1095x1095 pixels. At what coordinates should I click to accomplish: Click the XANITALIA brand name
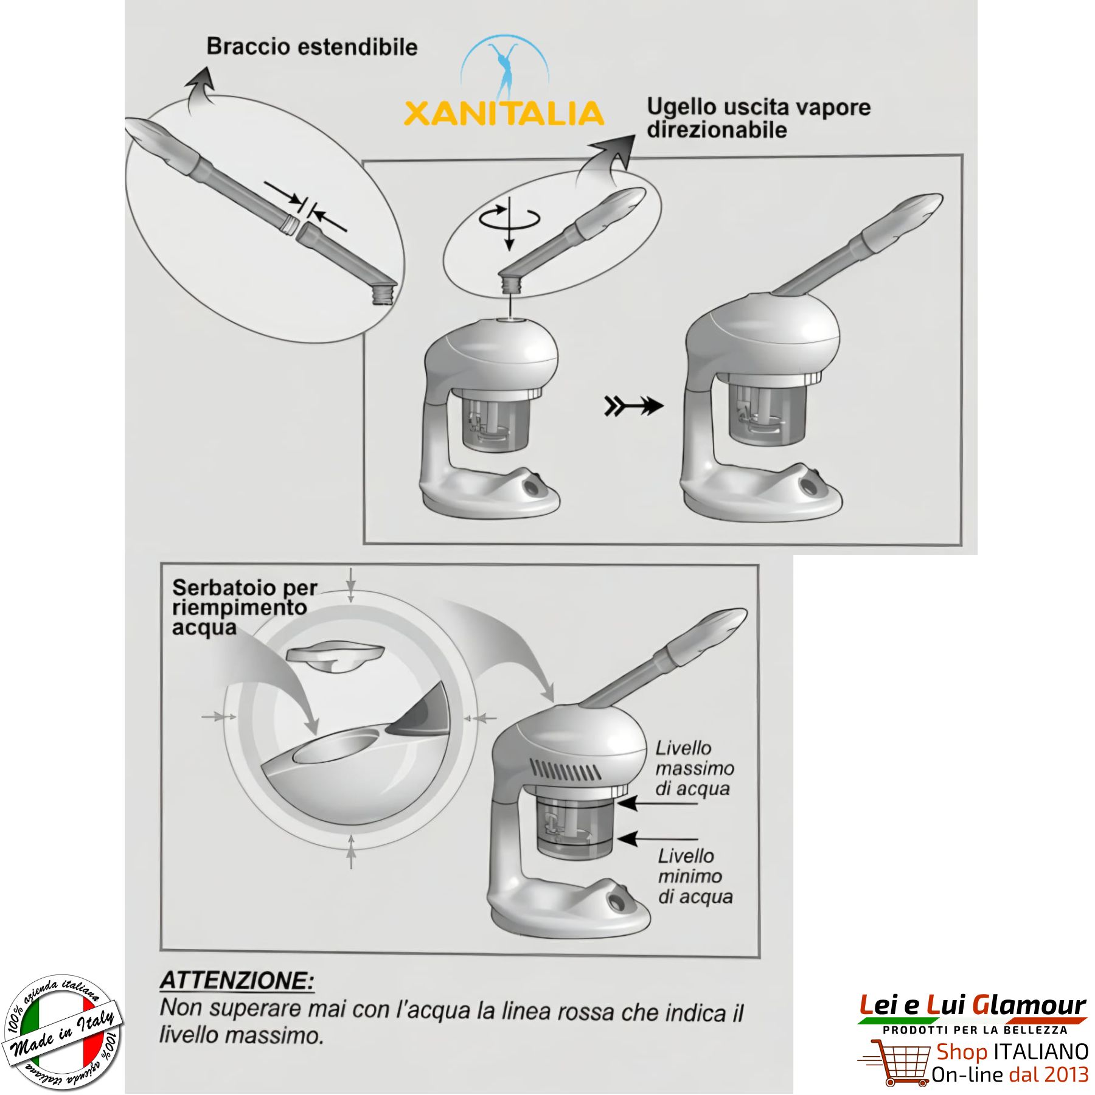504,114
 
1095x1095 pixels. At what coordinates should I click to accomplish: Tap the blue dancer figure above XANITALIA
505,69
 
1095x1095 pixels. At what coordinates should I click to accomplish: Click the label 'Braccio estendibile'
312,47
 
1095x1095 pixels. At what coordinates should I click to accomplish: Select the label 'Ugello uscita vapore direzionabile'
759,118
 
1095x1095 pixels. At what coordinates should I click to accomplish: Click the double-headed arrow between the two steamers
633,406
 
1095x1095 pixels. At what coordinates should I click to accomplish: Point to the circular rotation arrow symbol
509,217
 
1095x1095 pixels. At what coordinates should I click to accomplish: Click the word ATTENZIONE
237,980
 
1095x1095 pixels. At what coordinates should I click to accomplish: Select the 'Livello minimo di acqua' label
695,876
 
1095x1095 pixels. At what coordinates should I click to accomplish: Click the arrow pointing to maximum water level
657,804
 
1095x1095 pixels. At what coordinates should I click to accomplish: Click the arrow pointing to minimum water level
657,839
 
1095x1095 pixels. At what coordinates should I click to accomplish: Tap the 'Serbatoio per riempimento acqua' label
245,607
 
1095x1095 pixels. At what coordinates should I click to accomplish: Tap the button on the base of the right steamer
810,485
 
